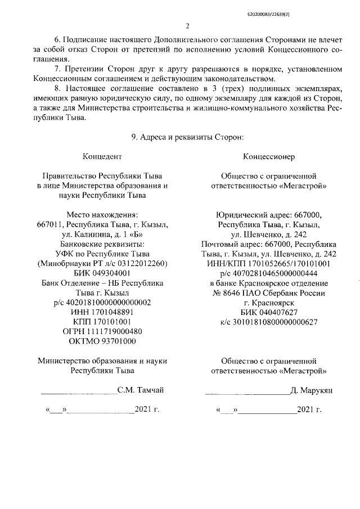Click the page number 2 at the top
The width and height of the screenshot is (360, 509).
point(188,25)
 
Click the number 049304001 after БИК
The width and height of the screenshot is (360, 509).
point(111,273)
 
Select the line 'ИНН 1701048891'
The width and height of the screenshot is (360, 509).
point(102,312)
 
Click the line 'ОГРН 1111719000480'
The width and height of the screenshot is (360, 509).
point(102,331)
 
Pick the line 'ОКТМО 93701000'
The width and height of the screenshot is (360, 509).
point(102,340)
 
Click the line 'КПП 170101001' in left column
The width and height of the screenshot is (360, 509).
point(102,321)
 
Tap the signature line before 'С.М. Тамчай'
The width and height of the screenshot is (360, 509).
point(78,391)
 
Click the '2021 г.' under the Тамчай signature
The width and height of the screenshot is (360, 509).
point(147,409)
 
